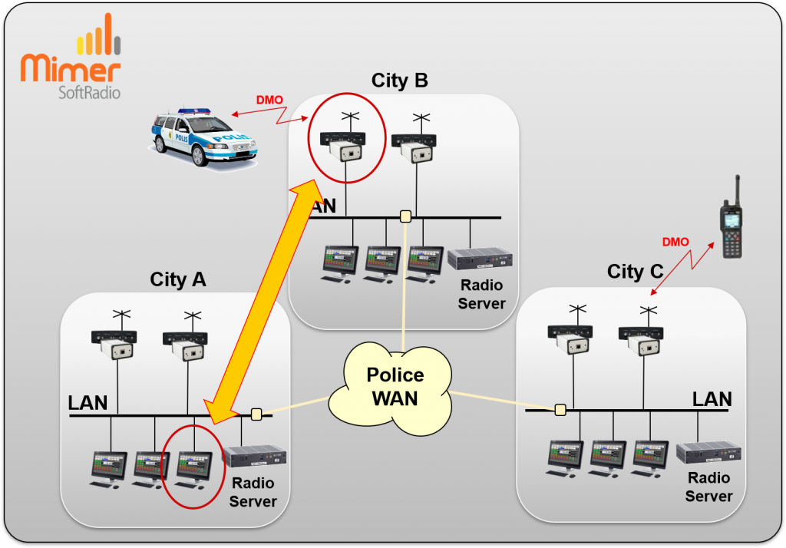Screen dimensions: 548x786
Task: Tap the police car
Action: click(204, 137)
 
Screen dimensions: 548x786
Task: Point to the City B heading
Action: click(399, 81)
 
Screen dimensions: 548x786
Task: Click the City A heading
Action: click(178, 279)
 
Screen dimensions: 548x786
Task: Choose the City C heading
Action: click(636, 272)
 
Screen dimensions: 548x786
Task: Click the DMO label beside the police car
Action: click(269, 100)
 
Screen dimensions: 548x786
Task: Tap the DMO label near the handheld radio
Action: click(675, 242)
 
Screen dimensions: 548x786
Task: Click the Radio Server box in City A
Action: click(254, 457)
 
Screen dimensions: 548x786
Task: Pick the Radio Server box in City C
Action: click(707, 453)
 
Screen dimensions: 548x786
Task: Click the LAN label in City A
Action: click(88, 403)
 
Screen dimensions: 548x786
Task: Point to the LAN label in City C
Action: click(712, 398)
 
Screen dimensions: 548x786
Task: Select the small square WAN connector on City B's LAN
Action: click(405, 216)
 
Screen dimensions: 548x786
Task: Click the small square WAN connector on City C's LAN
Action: click(560, 409)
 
